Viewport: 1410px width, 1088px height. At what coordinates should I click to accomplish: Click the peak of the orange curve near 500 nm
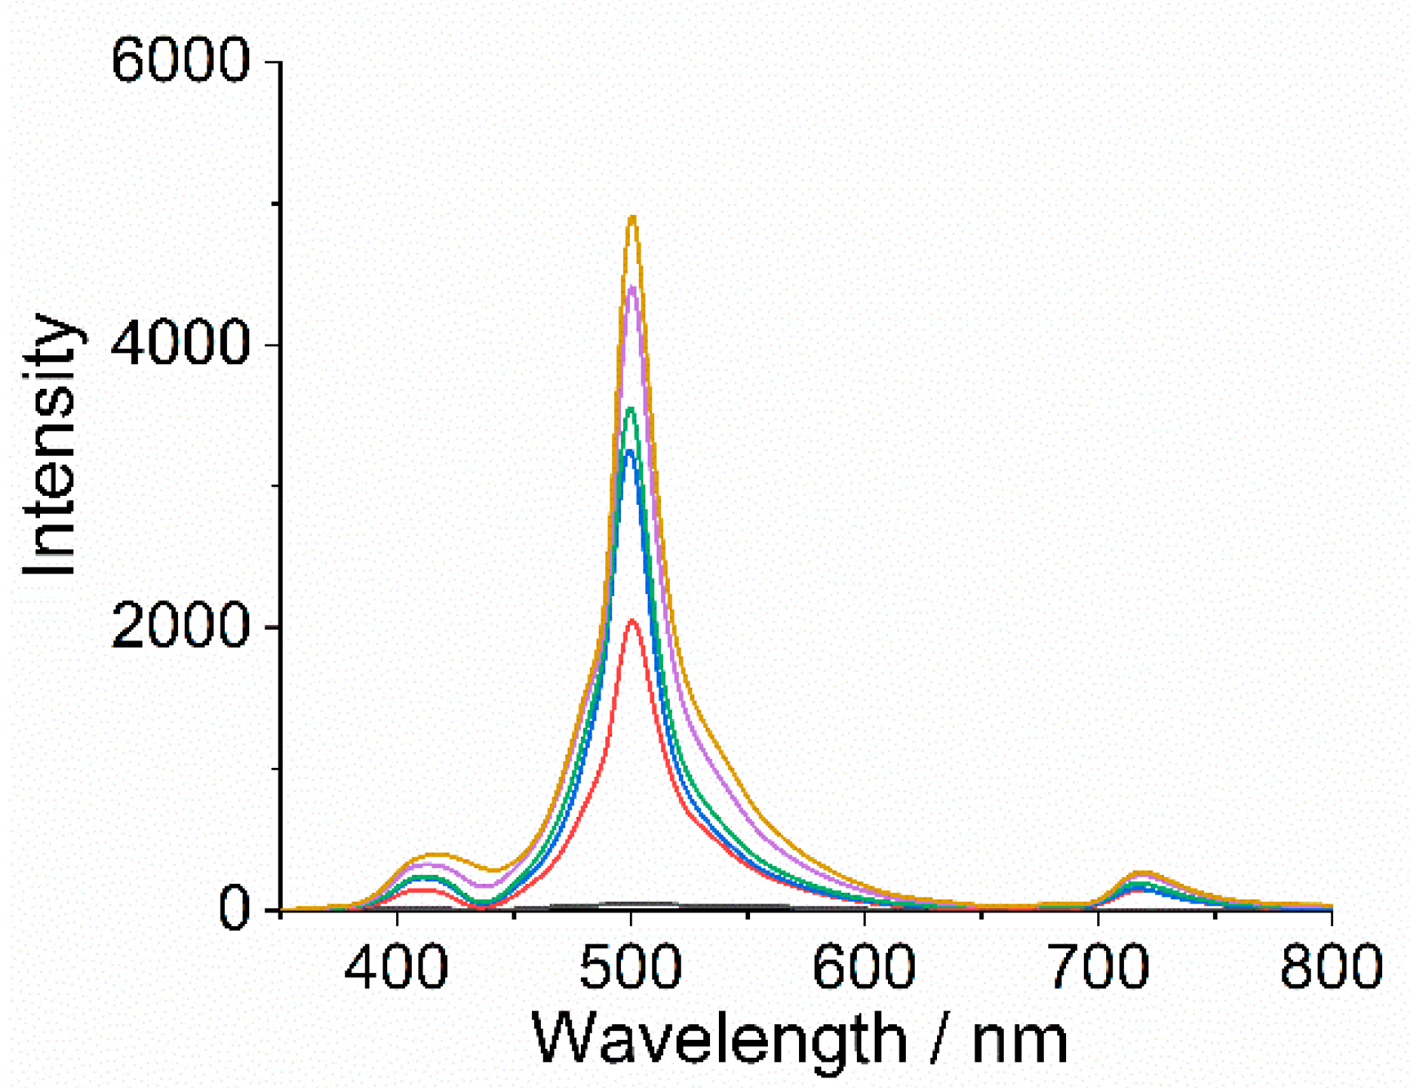click(631, 217)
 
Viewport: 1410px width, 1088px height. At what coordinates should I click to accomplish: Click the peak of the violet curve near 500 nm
click(631, 287)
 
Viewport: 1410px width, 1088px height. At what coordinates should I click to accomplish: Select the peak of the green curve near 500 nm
click(630, 408)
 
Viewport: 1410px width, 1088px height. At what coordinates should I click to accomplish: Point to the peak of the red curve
click(631, 621)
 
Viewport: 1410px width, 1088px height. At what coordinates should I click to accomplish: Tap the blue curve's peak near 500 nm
click(629, 451)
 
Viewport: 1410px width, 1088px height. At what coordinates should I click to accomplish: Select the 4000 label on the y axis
click(180, 343)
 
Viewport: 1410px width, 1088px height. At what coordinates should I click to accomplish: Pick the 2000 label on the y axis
click(180, 627)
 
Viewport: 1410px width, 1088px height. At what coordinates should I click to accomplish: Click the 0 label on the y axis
click(234, 909)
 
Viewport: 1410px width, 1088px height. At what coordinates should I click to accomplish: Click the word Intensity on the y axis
click(51, 445)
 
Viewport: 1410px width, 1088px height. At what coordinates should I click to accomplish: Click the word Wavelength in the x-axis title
click(719, 1040)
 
